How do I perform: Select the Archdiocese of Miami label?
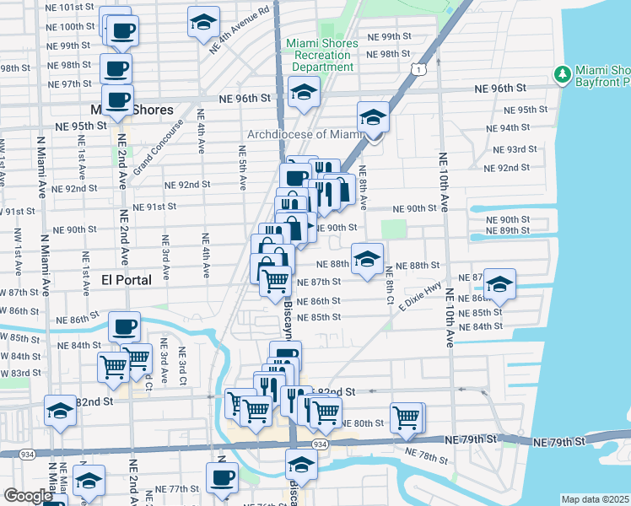(x=304, y=134)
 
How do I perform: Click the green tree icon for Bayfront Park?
(x=563, y=75)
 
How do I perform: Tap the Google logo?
(x=28, y=496)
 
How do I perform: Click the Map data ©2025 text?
(x=596, y=499)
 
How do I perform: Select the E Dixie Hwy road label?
(x=421, y=300)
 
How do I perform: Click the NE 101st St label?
(x=71, y=7)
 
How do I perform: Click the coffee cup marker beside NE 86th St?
(x=125, y=327)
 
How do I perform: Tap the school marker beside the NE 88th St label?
(x=367, y=259)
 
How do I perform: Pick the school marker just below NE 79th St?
(x=300, y=464)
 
